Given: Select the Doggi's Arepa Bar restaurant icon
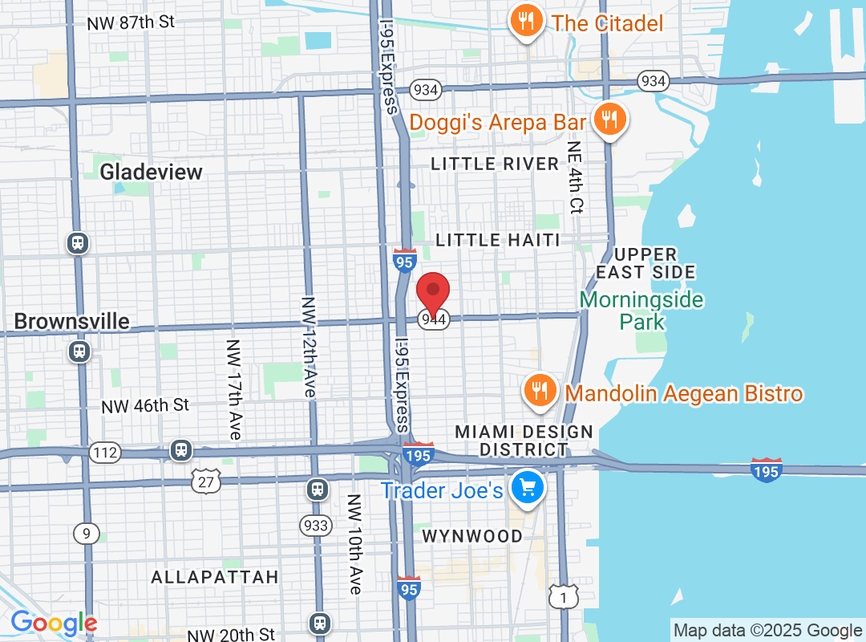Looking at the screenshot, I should pyautogui.click(x=610, y=120).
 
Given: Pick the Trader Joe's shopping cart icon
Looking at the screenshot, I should pyautogui.click(x=528, y=487).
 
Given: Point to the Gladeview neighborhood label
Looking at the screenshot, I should pyautogui.click(x=151, y=172).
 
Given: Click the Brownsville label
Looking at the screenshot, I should pyautogui.click(x=71, y=322).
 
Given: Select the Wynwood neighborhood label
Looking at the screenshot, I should pyautogui.click(x=472, y=535).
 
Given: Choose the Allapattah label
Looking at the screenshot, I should pyautogui.click(x=215, y=577).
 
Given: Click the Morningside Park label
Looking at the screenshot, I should pyautogui.click(x=641, y=311).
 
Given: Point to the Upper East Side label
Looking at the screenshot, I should pyautogui.click(x=645, y=263).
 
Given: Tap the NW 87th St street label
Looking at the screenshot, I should pyautogui.click(x=131, y=22).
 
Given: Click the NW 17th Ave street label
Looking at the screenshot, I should pyautogui.click(x=233, y=390).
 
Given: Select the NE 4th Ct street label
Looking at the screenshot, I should pyautogui.click(x=575, y=177).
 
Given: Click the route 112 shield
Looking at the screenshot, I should pyautogui.click(x=105, y=453).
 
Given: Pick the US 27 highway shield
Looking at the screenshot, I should pyautogui.click(x=205, y=481).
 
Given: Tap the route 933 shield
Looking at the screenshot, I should pyautogui.click(x=316, y=526).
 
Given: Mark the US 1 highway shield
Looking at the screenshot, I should pyautogui.click(x=564, y=596).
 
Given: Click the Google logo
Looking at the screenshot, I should pyautogui.click(x=54, y=623).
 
